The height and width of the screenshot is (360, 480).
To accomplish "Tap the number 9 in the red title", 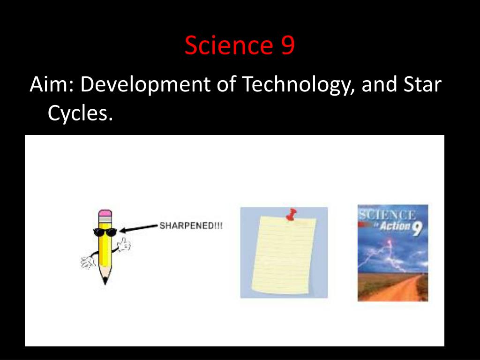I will [288, 46].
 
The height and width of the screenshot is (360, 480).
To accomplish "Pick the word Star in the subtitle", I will [422, 85].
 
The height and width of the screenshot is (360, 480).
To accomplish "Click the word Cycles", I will [80, 113].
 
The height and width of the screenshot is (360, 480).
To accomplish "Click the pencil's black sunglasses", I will [105, 231].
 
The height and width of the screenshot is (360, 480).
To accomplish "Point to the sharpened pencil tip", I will [105, 281].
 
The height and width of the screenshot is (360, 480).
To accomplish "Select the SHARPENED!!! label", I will [191, 226].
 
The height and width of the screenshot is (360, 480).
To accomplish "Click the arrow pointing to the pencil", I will [138, 228].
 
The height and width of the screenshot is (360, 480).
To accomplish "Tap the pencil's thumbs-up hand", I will [124, 244].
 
